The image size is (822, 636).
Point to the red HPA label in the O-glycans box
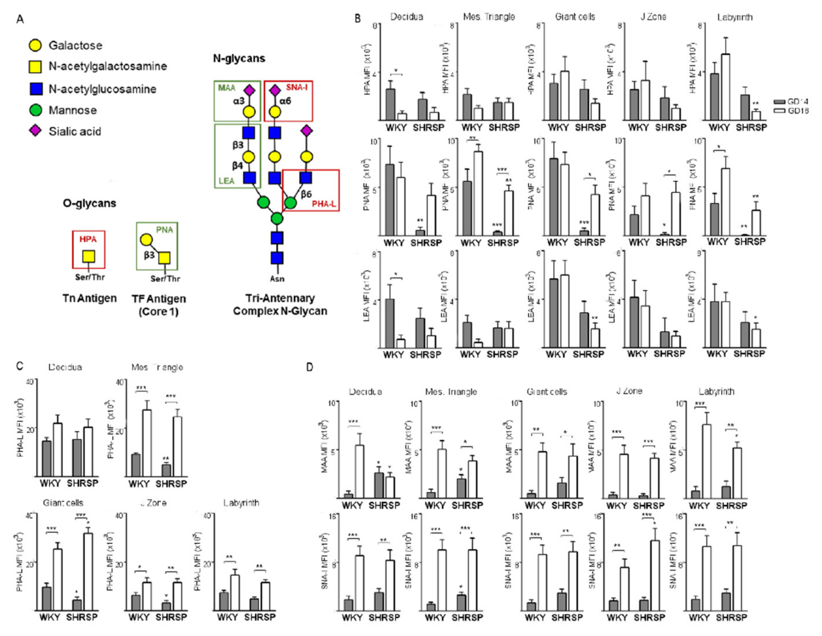[x=88, y=239]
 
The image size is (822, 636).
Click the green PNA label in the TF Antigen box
[x=164, y=230]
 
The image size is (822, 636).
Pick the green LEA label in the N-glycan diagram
[x=226, y=181]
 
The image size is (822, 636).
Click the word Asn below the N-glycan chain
[x=277, y=279]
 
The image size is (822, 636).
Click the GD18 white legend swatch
[x=779, y=111]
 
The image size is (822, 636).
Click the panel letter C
[x=20, y=366]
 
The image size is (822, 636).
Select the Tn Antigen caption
[x=89, y=298]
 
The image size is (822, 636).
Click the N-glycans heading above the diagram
[x=239, y=58]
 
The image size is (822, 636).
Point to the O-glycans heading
[x=89, y=203]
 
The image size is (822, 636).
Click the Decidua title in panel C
[x=65, y=367]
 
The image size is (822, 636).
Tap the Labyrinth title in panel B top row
[x=735, y=17]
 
